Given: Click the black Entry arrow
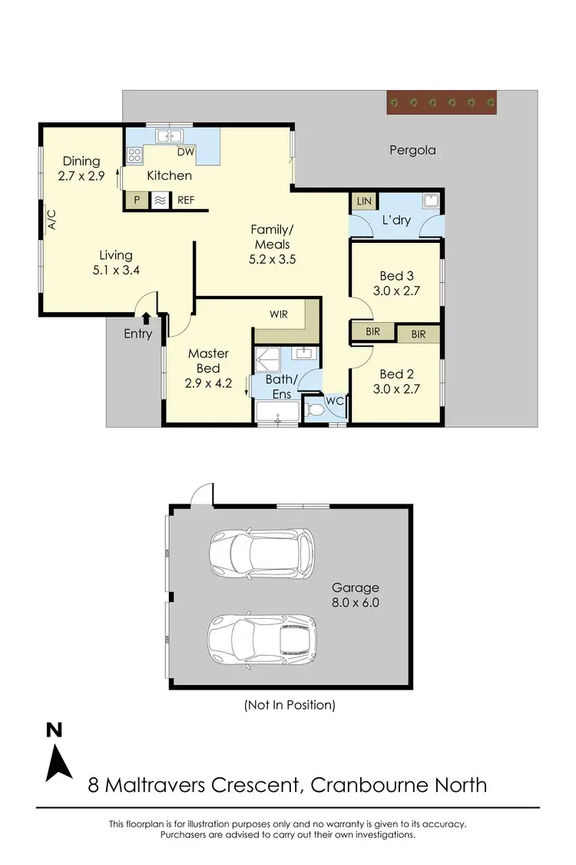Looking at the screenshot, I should [147, 318].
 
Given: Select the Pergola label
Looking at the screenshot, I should [412, 150].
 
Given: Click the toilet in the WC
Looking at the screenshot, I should [315, 411].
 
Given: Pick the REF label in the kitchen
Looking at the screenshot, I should [186, 201].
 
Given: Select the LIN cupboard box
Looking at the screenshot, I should [363, 201].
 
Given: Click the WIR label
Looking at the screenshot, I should [278, 314].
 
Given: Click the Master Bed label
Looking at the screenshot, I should [209, 361].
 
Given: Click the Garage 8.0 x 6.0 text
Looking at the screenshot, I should [356, 595].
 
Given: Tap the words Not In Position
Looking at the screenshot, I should [289, 704].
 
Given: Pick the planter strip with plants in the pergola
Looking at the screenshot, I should [442, 102].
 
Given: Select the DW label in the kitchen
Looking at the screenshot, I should [186, 152].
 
